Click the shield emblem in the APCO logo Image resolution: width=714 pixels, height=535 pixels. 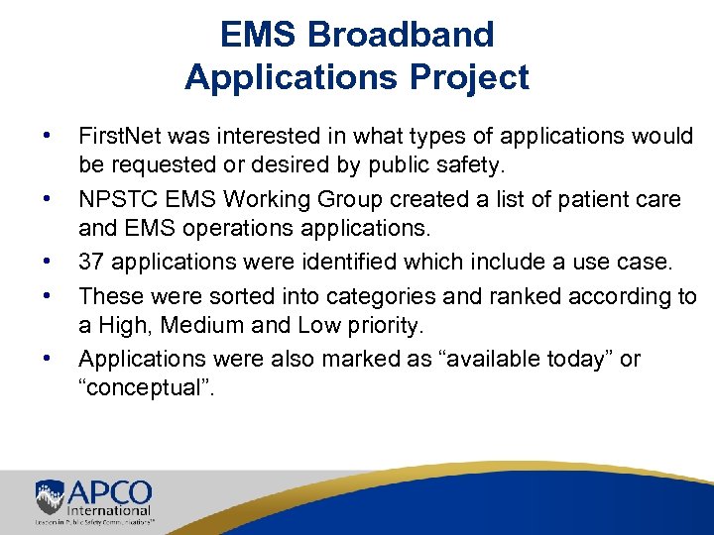[x=50, y=495]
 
